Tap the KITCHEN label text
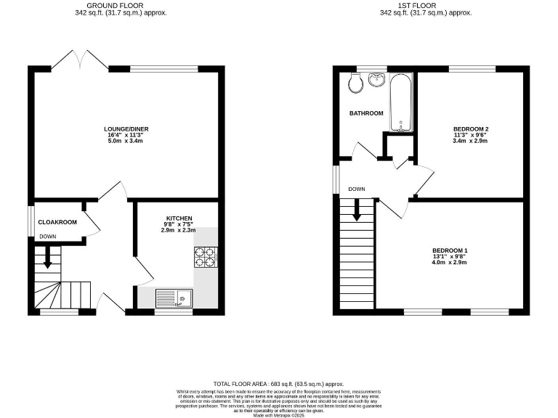coord(179,218)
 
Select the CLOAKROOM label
coord(57,222)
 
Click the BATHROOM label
coord(366,113)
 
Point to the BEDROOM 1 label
coord(450,250)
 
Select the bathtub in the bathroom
coord(401,102)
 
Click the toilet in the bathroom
coord(355,84)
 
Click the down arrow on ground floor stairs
coord(47,258)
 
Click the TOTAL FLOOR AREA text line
coord(278,384)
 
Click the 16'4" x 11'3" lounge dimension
coord(126,135)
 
